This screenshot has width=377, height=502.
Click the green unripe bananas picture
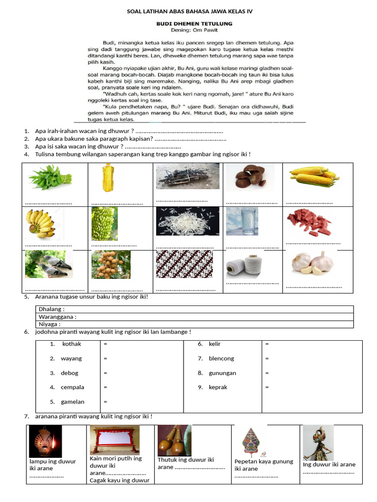[104, 223]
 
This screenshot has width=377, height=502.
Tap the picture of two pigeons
[49, 264]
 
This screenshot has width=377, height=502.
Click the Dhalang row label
[52, 309]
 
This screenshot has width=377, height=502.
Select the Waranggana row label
[57, 317]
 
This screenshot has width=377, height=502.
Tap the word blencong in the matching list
[221, 358]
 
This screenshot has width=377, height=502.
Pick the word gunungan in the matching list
[222, 373]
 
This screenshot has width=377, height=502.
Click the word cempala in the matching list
[72, 387]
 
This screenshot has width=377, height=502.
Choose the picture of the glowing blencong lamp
[45, 441]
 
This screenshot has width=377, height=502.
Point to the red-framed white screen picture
[115, 439]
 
